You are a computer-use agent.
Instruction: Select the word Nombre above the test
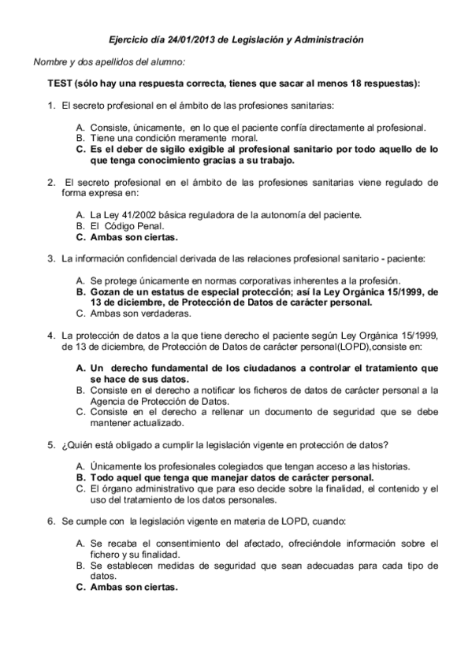coord(50,61)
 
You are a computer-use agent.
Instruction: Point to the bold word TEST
coord(61,83)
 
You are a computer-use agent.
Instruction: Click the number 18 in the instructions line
coord(361,83)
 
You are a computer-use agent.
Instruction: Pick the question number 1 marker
coord(50,105)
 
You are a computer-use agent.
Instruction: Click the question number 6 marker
coord(50,521)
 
